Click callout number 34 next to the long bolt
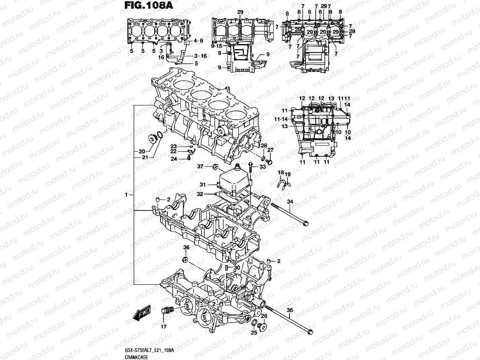(x=290, y=202)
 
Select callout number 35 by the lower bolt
(x=289, y=311)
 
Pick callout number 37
(x=200, y=167)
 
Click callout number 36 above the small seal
(x=186, y=248)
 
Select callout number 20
(x=142, y=151)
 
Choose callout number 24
(x=174, y=158)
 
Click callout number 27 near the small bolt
(x=271, y=150)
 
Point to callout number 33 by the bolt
(x=263, y=167)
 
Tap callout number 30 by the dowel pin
(x=237, y=268)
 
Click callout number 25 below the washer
(x=253, y=333)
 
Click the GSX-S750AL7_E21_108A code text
(x=150, y=350)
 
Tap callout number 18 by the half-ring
(x=281, y=173)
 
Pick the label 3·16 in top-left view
(x=200, y=56)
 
